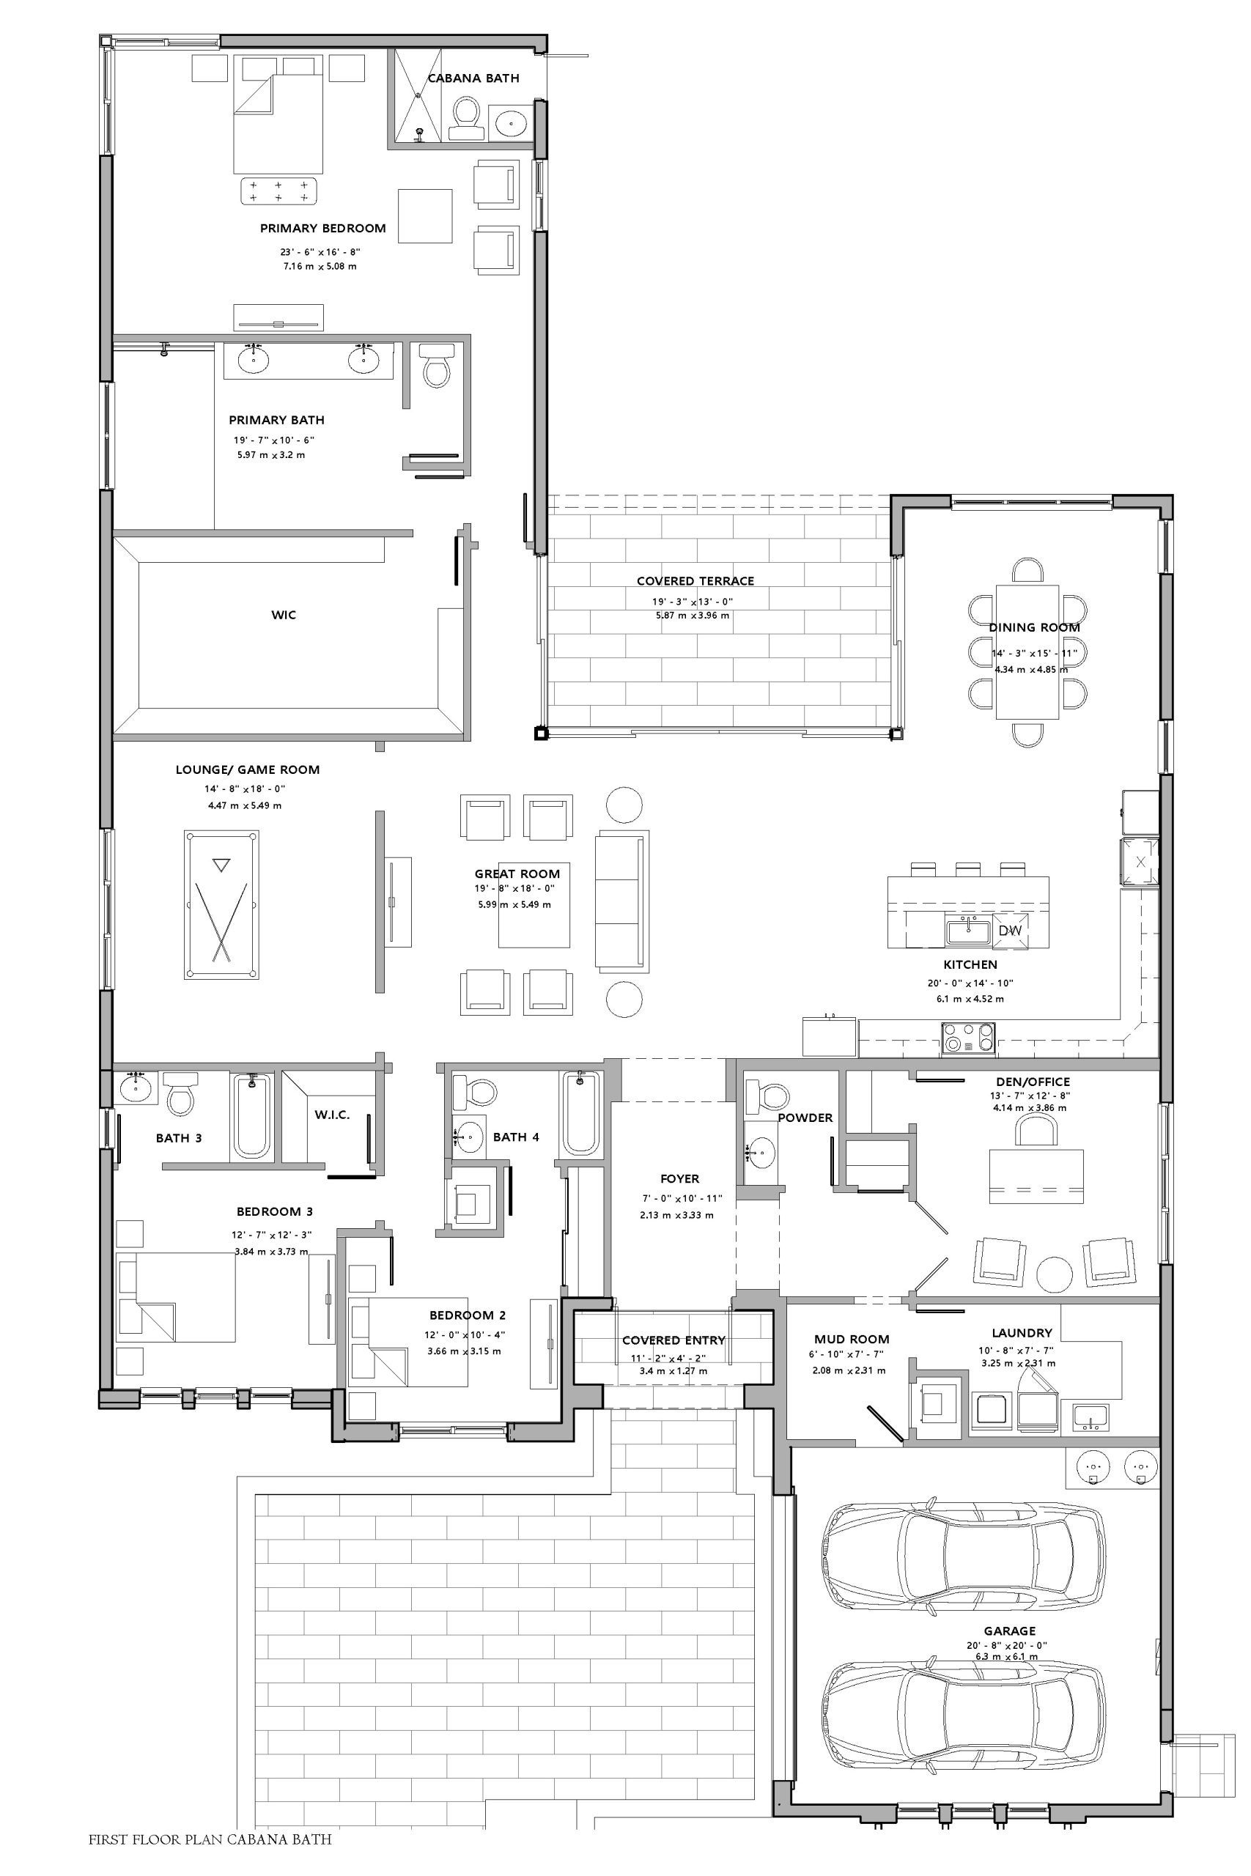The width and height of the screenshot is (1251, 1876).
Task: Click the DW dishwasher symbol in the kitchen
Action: (1009, 931)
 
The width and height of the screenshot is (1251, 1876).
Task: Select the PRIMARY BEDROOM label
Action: (323, 228)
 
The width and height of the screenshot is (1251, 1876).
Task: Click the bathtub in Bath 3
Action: (251, 1115)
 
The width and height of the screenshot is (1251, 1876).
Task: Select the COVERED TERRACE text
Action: (695, 581)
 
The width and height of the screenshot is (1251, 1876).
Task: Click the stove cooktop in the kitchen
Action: (969, 1038)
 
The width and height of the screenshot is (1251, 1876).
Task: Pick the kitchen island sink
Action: (968, 931)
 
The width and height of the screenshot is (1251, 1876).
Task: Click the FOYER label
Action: (680, 1179)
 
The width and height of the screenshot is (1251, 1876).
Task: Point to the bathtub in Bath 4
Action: (581, 1113)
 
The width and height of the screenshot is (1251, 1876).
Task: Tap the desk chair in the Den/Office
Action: (1036, 1131)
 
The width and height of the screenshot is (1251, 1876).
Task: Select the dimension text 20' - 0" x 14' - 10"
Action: (970, 983)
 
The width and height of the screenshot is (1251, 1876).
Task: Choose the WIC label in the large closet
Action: (283, 615)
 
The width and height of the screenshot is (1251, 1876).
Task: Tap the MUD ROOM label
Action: (852, 1339)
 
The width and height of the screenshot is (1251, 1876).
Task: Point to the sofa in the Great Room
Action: (621, 900)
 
